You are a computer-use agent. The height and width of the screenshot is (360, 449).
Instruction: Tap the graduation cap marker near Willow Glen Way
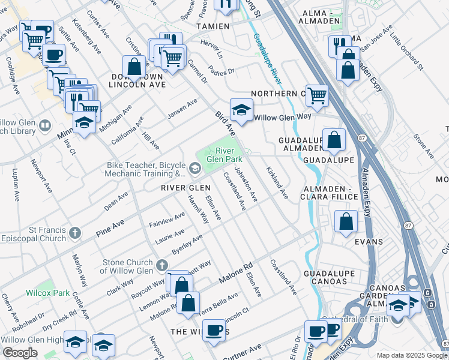click(x=241, y=110)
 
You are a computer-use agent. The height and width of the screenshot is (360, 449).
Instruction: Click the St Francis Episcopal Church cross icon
click(x=74, y=232)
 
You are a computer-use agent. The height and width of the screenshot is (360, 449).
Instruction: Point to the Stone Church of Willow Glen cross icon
click(x=161, y=265)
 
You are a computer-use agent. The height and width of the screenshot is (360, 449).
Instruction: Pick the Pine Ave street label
click(x=110, y=226)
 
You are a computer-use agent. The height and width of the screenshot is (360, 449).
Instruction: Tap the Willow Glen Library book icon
click(x=45, y=126)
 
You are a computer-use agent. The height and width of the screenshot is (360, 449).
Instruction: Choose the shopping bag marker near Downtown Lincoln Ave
click(x=134, y=67)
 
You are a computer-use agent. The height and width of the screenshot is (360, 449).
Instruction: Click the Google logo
click(x=20, y=353)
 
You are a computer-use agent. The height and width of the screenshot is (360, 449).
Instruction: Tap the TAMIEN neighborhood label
click(x=212, y=26)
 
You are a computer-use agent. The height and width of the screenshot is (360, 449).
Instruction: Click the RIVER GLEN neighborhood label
click(x=185, y=188)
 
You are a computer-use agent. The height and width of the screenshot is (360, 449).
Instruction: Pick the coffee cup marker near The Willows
click(x=214, y=330)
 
